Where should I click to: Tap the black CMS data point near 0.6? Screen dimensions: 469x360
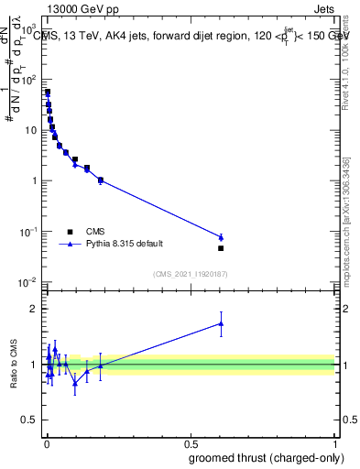[221, 248]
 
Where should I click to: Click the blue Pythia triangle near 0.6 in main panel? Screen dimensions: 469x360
[221, 237]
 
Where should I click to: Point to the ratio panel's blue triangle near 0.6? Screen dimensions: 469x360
[221, 322]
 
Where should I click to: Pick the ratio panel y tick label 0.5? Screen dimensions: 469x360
[30, 420]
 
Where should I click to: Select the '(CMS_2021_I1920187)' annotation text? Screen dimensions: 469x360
[190, 274]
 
